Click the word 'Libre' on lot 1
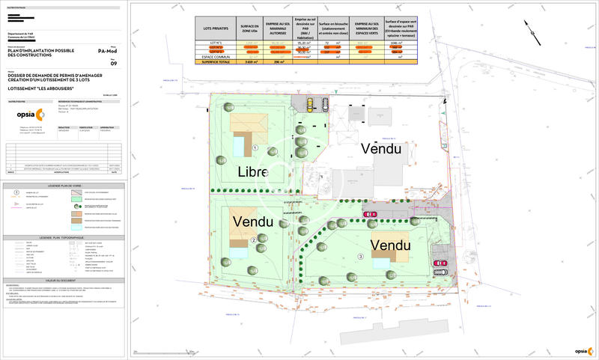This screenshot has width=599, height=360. click(254, 171)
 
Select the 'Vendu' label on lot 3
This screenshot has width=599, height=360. click(390, 245)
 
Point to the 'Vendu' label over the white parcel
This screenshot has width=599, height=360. click(381, 149)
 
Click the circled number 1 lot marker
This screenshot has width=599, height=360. click(255, 148)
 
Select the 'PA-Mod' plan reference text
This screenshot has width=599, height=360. click(108, 51)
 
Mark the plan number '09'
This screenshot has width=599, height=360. click(114, 64)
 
